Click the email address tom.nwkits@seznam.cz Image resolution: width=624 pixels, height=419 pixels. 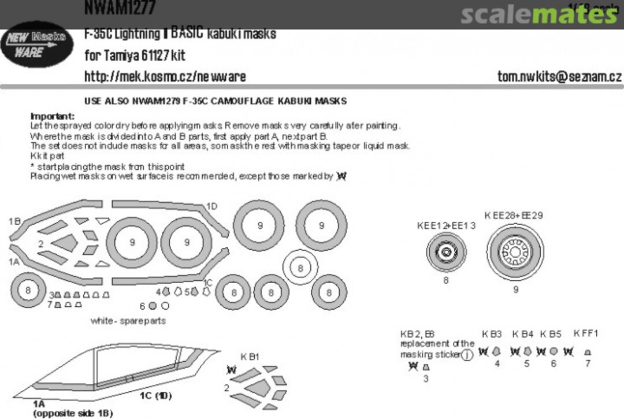coord(559,76)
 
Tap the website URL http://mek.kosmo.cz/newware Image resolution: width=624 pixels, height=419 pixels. coord(165,76)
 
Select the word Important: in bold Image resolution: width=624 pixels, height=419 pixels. coord(53,116)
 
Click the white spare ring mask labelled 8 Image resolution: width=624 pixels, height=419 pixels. coord(300,268)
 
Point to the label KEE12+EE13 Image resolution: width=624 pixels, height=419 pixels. coord(446,225)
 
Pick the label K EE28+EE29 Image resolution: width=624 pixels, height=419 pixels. coord(514,216)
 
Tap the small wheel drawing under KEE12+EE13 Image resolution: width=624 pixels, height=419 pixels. coord(446,253)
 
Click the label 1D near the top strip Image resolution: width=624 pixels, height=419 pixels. coord(212,207)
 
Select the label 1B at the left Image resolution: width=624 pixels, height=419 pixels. coord(14,221)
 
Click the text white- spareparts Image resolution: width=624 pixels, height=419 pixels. coord(128,320)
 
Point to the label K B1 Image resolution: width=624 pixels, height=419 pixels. coord(250,357)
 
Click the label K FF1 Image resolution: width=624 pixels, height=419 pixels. coord(585,333)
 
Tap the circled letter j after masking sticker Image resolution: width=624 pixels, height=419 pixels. coord(467,355)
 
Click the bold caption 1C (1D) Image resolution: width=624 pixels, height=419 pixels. coord(155,396)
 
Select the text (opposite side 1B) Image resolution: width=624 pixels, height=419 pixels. coord(73,413)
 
